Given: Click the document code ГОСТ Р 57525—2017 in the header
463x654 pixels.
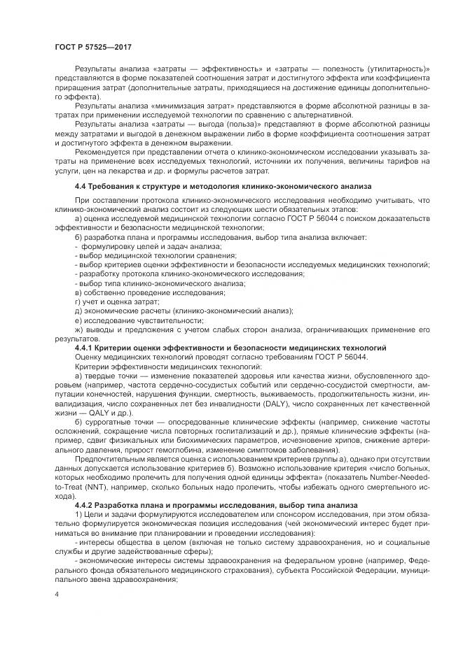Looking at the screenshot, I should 92,46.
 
